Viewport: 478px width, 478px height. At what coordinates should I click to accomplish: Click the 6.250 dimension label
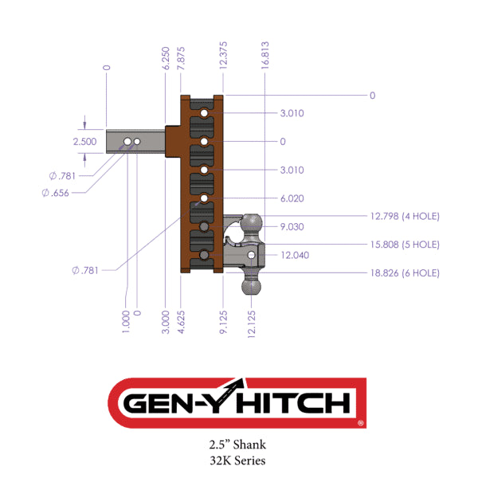165,60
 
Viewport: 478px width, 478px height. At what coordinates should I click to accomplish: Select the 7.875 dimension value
182,60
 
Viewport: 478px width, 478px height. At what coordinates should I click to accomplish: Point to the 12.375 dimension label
224,57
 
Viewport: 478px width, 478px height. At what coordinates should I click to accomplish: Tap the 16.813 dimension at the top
264,57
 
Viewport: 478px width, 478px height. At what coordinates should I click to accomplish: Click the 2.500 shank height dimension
84,141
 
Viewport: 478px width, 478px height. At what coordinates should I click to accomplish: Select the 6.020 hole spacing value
292,198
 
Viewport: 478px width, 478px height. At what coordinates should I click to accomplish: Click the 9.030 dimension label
292,227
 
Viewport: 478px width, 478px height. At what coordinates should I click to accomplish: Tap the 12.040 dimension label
294,255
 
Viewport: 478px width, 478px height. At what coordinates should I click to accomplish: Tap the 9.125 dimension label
224,323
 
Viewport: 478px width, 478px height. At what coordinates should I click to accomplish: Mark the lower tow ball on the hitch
253,283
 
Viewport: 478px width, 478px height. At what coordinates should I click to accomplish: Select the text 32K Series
239,460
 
